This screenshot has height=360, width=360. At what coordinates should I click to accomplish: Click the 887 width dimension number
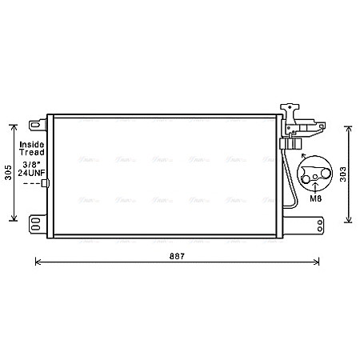[178, 257]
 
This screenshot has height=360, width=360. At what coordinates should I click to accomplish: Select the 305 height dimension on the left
[9, 172]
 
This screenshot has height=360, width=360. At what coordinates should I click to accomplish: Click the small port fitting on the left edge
[45, 184]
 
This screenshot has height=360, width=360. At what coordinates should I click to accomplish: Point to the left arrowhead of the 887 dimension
[37, 261]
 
